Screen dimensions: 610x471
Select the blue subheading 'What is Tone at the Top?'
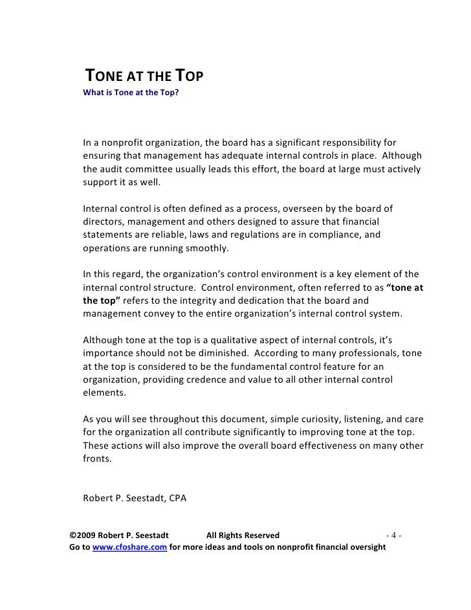(131, 93)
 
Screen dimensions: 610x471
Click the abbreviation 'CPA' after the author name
(175, 498)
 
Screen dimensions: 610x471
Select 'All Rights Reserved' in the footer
(243, 536)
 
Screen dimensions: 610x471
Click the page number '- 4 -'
(394, 536)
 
